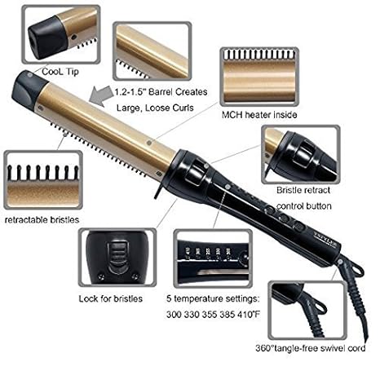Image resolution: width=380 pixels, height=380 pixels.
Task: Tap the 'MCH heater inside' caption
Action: [258, 115]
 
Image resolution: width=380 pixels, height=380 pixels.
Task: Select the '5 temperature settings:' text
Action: [219, 298]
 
